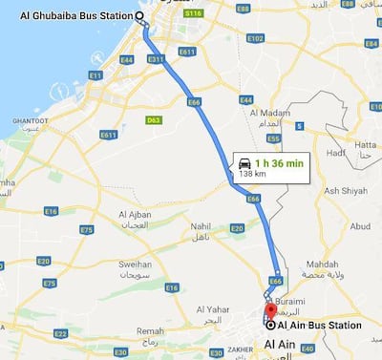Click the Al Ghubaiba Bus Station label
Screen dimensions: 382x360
coord(74,16)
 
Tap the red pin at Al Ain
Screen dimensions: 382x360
coord(270,310)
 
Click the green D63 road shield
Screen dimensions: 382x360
coord(152,120)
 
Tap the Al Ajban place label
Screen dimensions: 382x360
coord(136,213)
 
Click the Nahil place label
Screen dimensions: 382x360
coord(201,227)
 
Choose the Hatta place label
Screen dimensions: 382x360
coord(364,145)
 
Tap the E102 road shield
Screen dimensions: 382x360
coord(254,38)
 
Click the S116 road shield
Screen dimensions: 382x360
coord(194,15)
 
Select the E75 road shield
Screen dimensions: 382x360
coord(87,229)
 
